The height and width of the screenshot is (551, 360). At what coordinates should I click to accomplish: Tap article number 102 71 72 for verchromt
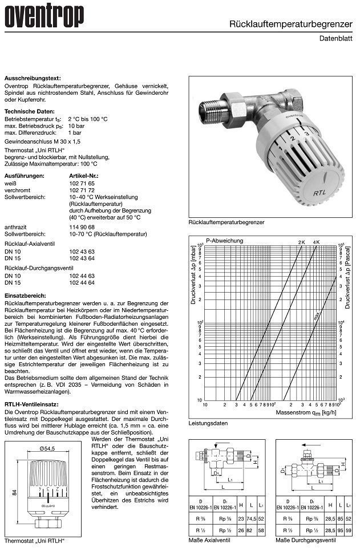(82, 189)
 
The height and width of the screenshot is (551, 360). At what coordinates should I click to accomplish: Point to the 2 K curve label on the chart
(302, 244)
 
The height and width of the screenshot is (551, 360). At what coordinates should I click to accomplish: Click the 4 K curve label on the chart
(317, 244)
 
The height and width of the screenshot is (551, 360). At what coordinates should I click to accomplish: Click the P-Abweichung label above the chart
(225, 241)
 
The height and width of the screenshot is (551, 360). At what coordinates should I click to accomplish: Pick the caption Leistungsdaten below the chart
(208, 423)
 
